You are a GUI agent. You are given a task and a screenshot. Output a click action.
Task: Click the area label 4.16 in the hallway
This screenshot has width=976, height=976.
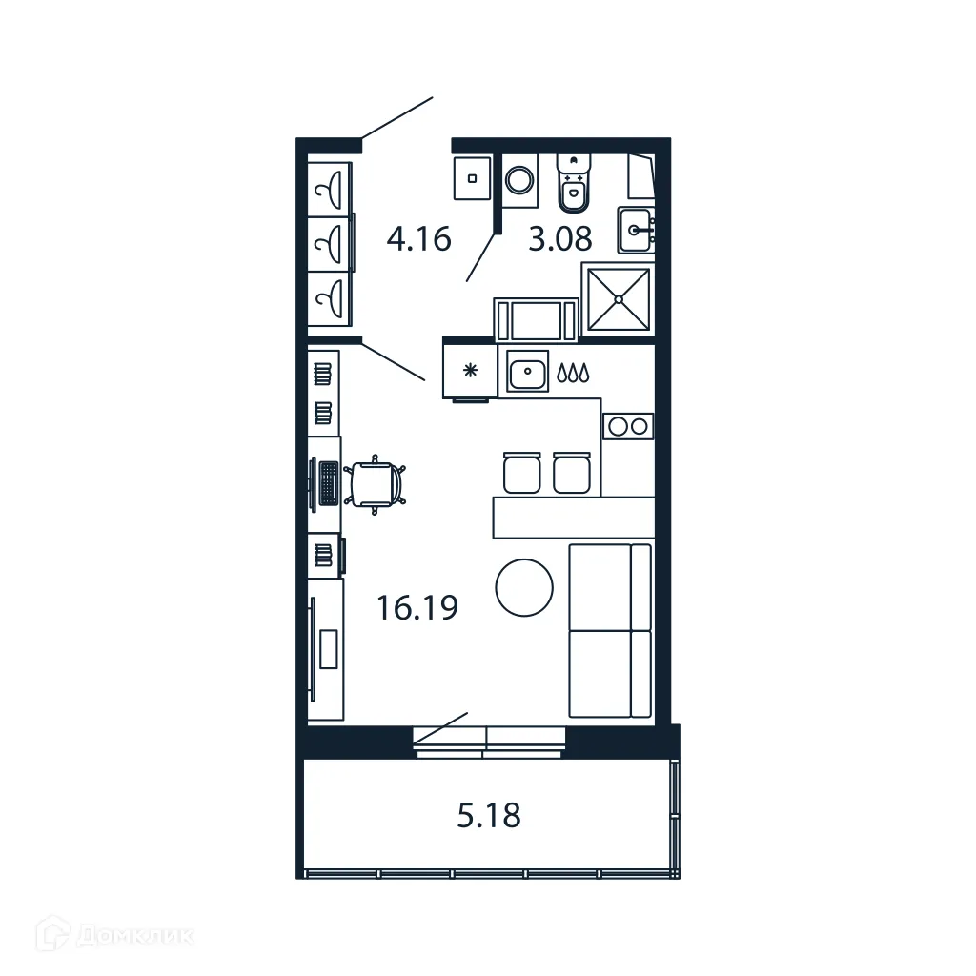pos(418,237)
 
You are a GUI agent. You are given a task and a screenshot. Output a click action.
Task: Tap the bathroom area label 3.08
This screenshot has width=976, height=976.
pos(560,238)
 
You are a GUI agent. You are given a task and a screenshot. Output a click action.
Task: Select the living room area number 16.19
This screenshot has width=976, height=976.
pos(417,606)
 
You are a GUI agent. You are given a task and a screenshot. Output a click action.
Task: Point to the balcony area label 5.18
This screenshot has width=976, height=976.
pos(489,816)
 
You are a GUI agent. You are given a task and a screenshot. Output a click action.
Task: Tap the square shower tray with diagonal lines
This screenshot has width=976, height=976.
pos(619,300)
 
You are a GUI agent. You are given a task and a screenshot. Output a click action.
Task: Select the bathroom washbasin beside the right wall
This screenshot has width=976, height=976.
pos(635,231)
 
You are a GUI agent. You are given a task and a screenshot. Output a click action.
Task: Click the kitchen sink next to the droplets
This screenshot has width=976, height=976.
pos(526,372)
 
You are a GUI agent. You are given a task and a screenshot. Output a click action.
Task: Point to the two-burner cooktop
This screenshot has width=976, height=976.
pos(628,426)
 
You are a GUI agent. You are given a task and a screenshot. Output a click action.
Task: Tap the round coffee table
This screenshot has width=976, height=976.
pos(524,588)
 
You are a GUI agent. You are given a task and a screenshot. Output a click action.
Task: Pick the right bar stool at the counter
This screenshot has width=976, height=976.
pos(570,473)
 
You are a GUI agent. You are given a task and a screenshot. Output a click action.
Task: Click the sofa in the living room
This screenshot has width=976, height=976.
pos(610,631)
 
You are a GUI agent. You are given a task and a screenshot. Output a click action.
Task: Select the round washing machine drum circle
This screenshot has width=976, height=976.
pos(519,180)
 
